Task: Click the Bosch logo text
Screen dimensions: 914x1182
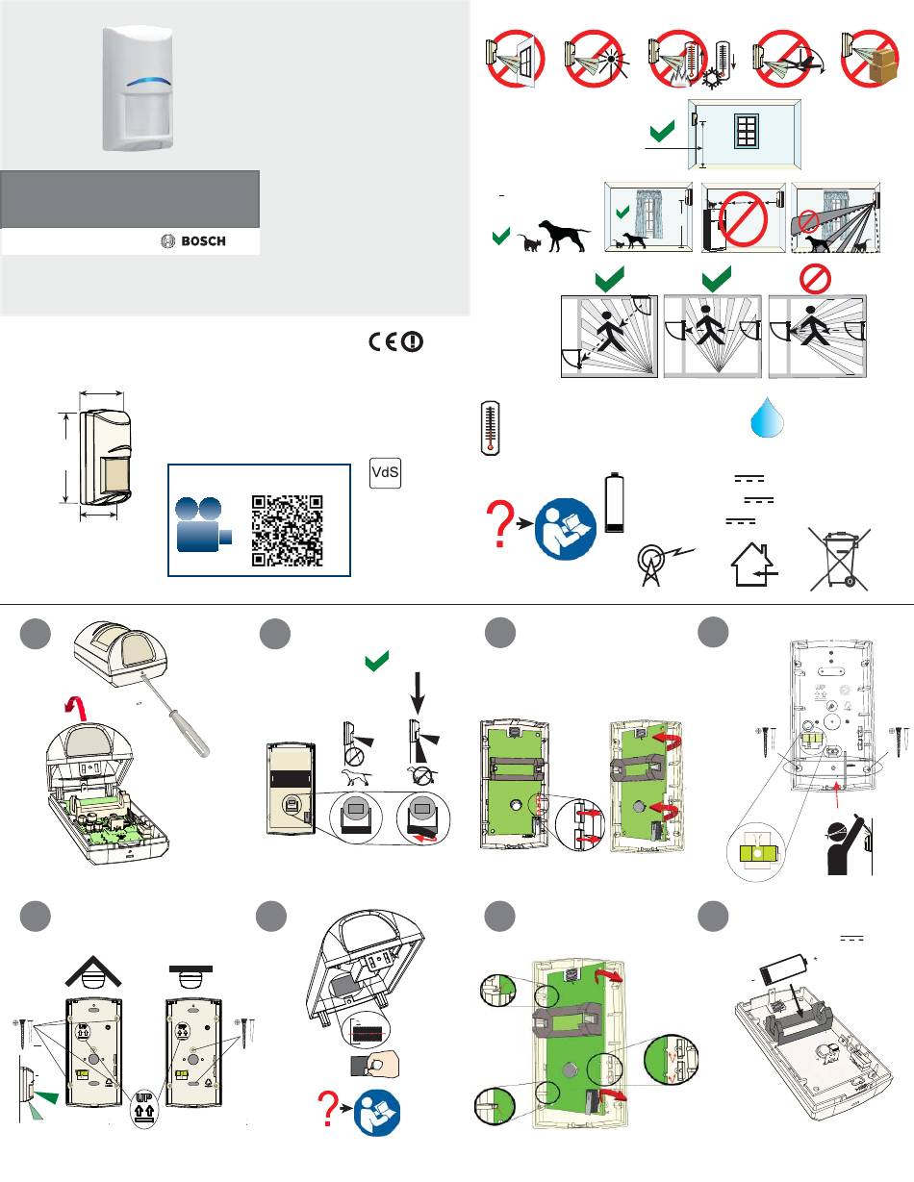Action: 203,241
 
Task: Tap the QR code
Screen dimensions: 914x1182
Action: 288,530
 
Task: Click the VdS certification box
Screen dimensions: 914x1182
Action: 385,472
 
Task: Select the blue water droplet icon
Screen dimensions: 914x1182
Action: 767,416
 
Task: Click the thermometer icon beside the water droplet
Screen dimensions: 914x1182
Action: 490,428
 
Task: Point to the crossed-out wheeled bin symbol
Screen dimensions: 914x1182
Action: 840,559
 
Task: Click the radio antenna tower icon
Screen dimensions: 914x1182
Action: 665,566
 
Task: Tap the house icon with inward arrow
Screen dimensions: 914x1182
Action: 753,565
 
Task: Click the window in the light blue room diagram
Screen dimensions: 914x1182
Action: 747,131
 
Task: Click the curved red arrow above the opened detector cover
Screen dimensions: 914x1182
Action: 76,709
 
